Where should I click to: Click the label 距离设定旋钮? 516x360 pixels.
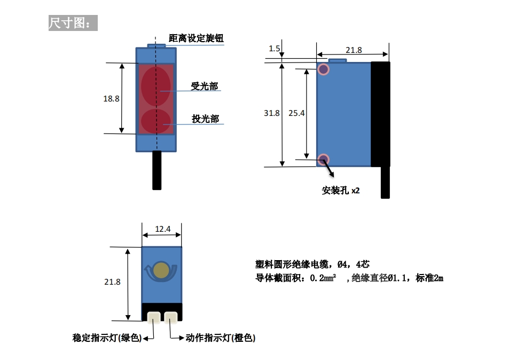(x=196, y=38)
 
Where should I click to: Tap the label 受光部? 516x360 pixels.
(x=205, y=87)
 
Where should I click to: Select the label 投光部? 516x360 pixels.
(x=205, y=119)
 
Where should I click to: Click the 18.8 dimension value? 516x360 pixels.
(x=111, y=99)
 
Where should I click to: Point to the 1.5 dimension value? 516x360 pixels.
(x=275, y=49)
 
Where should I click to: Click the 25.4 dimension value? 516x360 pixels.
(x=296, y=113)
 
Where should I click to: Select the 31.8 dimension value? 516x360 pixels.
(x=271, y=113)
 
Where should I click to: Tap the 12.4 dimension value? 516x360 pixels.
(x=162, y=229)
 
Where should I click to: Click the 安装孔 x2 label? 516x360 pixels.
(x=341, y=190)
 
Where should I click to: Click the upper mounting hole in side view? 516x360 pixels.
(x=323, y=69)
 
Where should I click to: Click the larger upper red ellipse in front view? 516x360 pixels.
(x=156, y=85)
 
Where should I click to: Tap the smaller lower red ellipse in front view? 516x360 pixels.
(x=156, y=121)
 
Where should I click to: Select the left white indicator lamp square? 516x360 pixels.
(x=154, y=318)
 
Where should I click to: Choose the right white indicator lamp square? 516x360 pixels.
(x=171, y=318)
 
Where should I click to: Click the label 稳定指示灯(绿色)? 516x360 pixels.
(x=107, y=338)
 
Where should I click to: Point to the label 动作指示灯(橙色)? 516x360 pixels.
(x=221, y=338)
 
